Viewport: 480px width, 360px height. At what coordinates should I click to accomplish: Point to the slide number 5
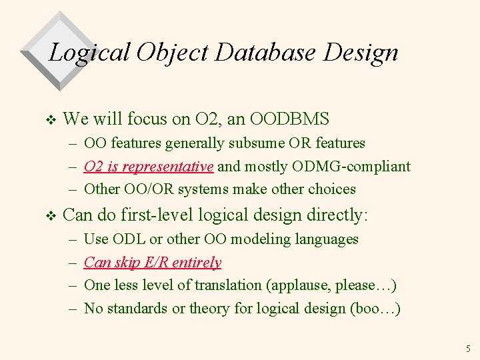[468, 349]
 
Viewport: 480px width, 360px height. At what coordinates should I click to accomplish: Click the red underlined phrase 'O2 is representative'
[149, 166]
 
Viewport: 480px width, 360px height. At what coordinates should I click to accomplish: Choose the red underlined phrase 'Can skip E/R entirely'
[153, 262]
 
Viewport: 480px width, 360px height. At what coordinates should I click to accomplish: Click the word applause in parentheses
[301, 285]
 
